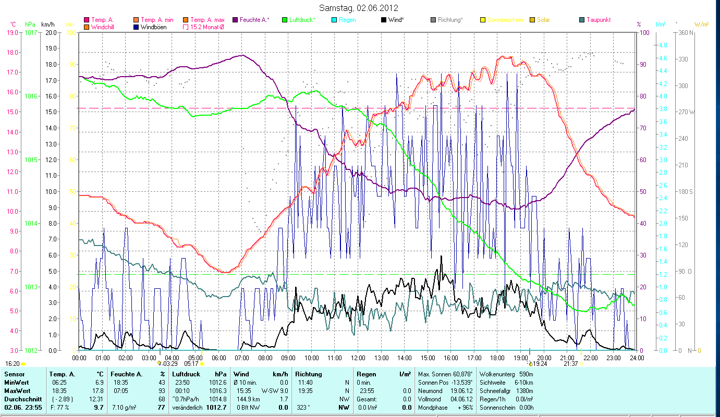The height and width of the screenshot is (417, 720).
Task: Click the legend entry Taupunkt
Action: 598,20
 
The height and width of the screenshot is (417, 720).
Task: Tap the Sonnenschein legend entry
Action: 505,20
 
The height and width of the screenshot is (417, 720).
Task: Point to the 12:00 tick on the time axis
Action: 358,358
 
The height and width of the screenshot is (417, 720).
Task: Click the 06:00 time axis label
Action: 218,358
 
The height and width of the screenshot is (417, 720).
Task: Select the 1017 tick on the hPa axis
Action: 31,32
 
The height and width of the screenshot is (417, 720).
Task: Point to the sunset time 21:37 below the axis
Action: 570,364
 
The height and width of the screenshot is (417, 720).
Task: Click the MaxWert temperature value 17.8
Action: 98,390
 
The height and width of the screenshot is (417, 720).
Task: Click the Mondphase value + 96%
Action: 465,407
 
